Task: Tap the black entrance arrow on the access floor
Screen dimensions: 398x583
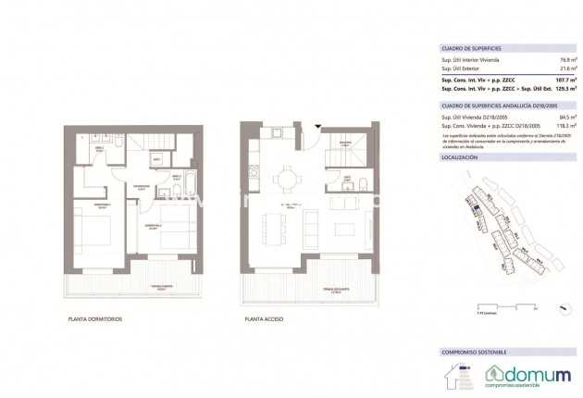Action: [x=316, y=127]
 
